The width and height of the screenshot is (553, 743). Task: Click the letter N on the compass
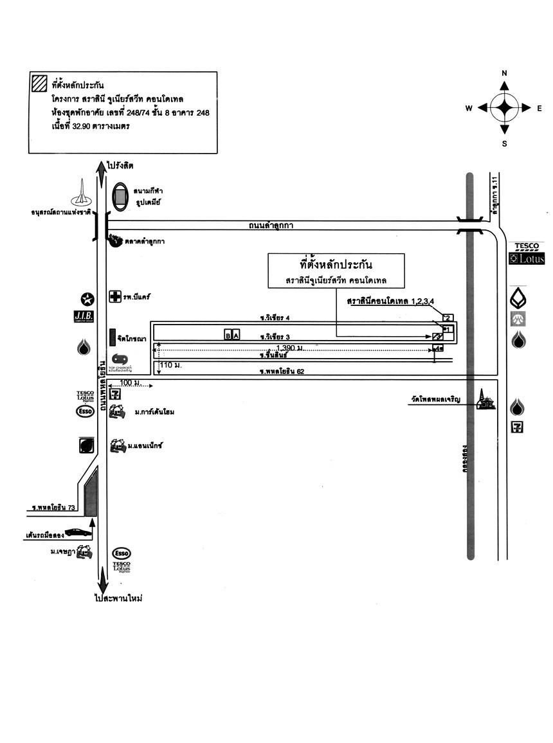(505, 73)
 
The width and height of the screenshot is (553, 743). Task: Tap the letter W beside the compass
(469, 109)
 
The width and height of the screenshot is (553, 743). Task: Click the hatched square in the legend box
(39, 84)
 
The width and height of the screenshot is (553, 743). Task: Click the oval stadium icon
(120, 195)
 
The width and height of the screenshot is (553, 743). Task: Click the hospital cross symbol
(115, 297)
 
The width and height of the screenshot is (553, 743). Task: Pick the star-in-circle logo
(87, 298)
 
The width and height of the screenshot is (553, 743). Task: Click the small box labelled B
(228, 335)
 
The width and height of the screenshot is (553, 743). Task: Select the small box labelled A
(236, 335)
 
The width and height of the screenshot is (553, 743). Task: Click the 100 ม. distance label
(131, 382)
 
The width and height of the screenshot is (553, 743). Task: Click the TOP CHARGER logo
(121, 361)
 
